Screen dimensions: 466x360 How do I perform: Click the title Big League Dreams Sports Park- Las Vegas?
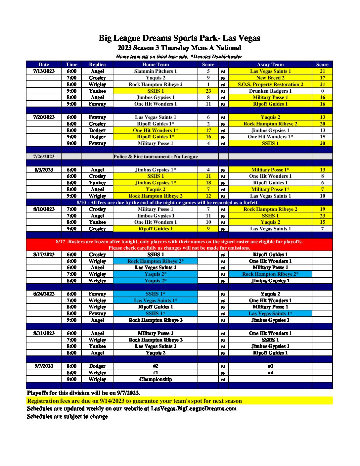click(x=179, y=38)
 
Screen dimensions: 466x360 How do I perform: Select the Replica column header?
click(x=97, y=65)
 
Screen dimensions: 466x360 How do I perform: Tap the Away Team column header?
click(x=270, y=65)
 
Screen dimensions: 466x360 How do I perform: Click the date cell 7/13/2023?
click(x=44, y=71)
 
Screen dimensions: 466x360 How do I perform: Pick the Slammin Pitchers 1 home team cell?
click(x=156, y=71)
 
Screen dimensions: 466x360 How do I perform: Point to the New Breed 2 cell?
click(x=270, y=78)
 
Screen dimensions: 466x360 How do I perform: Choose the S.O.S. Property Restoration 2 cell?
click(x=270, y=84)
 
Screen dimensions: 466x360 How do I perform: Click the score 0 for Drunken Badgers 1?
click(x=322, y=91)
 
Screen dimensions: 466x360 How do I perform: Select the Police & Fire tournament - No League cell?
click(x=156, y=157)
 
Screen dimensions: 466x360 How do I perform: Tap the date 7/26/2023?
click(x=44, y=157)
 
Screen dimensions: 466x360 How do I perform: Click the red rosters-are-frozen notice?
click(x=179, y=245)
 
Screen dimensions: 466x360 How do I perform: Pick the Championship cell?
click(x=156, y=379)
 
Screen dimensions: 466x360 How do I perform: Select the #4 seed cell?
click(x=270, y=373)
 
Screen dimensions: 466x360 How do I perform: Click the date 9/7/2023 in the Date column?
click(x=44, y=366)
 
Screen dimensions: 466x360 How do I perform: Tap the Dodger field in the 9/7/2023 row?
click(x=97, y=366)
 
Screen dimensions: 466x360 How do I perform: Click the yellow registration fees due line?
click(x=134, y=401)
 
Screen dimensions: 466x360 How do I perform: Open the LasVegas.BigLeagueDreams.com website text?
click(x=194, y=408)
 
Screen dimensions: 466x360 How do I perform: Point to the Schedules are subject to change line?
click(x=67, y=416)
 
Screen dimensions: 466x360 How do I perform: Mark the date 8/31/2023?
click(x=44, y=333)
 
